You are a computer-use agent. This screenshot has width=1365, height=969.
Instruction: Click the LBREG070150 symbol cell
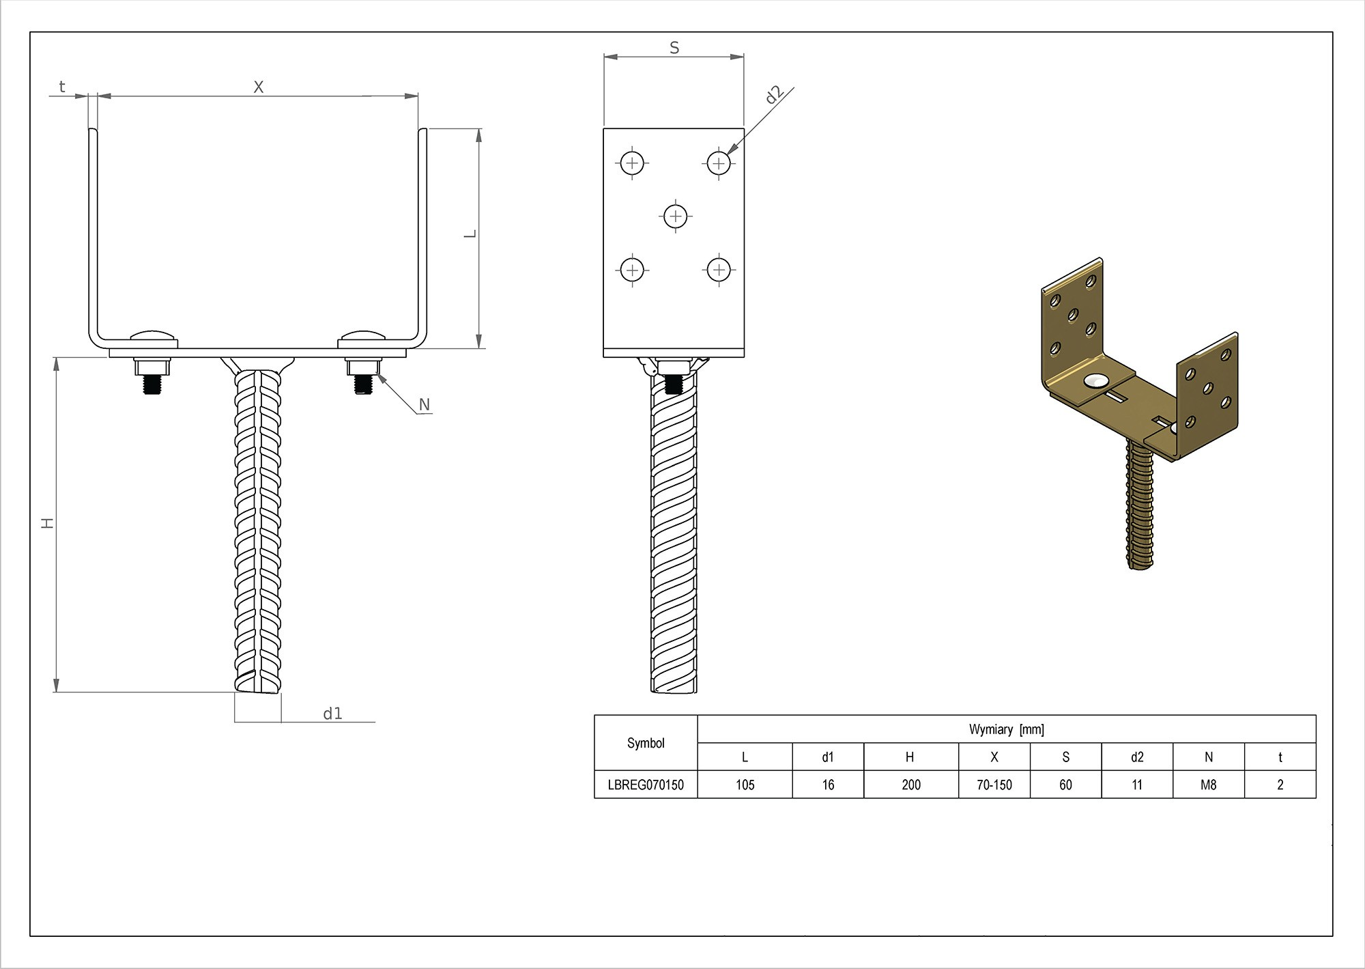coord(646,785)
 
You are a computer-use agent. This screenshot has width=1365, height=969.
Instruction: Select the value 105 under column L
coord(745,785)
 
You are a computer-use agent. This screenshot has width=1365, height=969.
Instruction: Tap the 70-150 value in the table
coord(994,785)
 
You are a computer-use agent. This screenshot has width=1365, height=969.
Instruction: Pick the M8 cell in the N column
coord(1208,785)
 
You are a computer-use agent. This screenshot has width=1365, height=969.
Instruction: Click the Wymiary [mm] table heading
coord(1006,729)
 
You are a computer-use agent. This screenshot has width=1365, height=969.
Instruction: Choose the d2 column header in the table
coord(1137,757)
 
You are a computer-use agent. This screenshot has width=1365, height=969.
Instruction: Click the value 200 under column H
coord(911,785)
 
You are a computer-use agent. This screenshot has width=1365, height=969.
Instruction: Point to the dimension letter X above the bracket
coord(258,87)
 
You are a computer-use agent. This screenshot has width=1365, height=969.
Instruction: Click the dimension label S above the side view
coord(674,48)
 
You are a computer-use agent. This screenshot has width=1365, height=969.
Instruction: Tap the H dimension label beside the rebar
coord(47,523)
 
